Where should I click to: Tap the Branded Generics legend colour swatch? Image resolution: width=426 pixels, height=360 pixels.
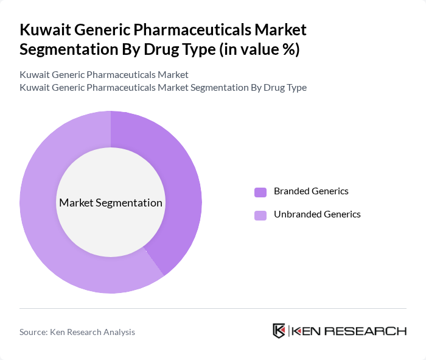click(x=260, y=192)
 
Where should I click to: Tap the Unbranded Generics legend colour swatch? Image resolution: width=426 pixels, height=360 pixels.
click(x=260, y=215)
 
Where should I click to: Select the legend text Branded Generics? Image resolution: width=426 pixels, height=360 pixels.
click(x=311, y=191)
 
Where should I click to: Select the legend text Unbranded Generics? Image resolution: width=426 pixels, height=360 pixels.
click(x=317, y=214)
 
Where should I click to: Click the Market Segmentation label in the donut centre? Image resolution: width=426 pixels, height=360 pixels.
click(x=111, y=203)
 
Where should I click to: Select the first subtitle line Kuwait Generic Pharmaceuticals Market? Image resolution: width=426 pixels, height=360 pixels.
click(x=104, y=74)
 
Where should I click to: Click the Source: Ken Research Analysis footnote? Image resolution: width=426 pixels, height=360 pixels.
click(x=77, y=332)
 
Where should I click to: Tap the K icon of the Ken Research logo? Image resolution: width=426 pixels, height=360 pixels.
click(x=279, y=331)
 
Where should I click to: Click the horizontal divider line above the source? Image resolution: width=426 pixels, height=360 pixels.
click(x=213, y=308)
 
